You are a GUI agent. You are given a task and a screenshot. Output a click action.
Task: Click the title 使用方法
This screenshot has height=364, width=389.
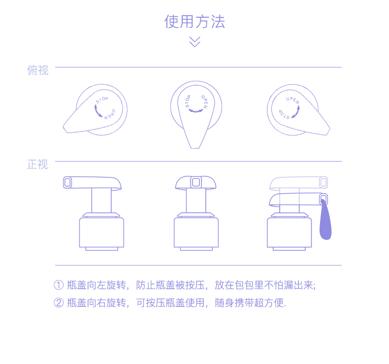pos(194,22)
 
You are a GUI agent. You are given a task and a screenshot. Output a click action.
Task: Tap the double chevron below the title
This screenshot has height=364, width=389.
pos(194,42)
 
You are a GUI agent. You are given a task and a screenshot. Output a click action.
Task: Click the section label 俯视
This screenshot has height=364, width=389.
pos(37,70)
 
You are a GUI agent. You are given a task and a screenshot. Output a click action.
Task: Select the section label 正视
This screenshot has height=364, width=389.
pos(37,165)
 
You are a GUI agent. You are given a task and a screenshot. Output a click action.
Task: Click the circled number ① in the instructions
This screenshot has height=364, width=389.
pos(59,285)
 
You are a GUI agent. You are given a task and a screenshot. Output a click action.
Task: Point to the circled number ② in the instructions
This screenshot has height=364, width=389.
pos(59,303)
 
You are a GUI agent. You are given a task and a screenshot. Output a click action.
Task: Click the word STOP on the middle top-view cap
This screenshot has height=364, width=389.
pos(188,101)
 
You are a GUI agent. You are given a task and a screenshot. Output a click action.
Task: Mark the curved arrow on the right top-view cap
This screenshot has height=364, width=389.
pos(294,112)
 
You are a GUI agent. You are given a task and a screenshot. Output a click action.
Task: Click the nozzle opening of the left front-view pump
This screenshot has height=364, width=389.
pos(68,182)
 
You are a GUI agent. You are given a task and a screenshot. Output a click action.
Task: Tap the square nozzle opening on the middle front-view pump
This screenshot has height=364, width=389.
pos(196,182)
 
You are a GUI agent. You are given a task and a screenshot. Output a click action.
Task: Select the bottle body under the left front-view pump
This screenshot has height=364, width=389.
pos(101,232)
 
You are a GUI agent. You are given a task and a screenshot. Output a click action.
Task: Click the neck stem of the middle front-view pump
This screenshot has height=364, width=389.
pos(196,201)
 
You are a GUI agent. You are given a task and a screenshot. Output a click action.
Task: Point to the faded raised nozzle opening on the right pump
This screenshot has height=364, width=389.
pos(324,182)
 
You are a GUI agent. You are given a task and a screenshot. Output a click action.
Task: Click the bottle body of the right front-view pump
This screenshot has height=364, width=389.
pos(289,232)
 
